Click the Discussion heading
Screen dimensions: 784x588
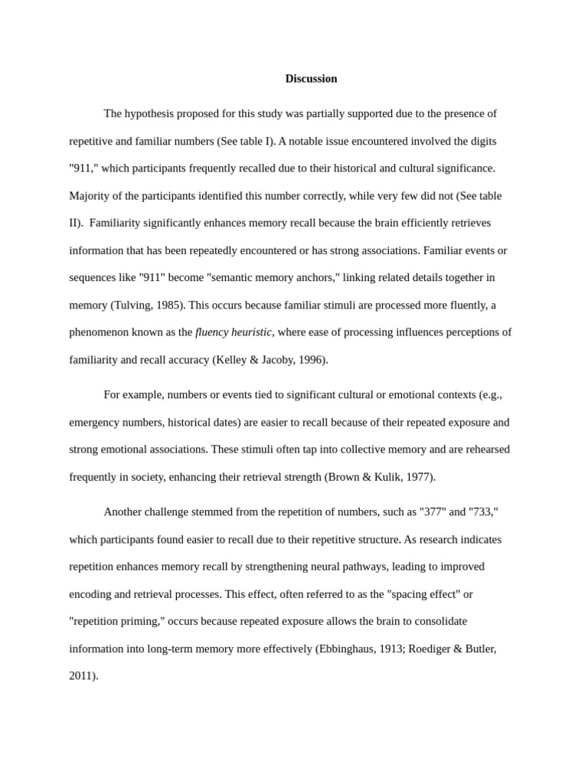(x=311, y=79)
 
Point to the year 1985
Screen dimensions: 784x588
(x=168, y=305)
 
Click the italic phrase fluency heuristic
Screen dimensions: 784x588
(x=234, y=332)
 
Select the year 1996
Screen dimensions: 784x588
(x=312, y=360)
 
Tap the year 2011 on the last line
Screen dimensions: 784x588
(x=81, y=676)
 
